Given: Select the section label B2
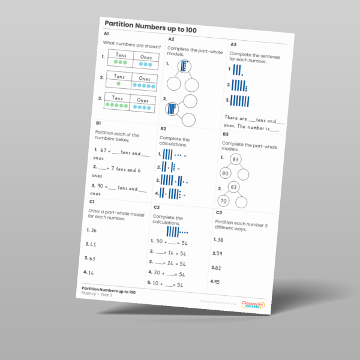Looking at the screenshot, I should [x=163, y=128].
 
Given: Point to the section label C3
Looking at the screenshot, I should [x=219, y=212].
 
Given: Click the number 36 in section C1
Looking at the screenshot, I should [x=93, y=230].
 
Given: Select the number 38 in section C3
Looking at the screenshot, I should [x=219, y=240].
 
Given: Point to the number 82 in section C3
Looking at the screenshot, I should [x=215, y=268].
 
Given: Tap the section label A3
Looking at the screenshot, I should [x=233, y=44].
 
